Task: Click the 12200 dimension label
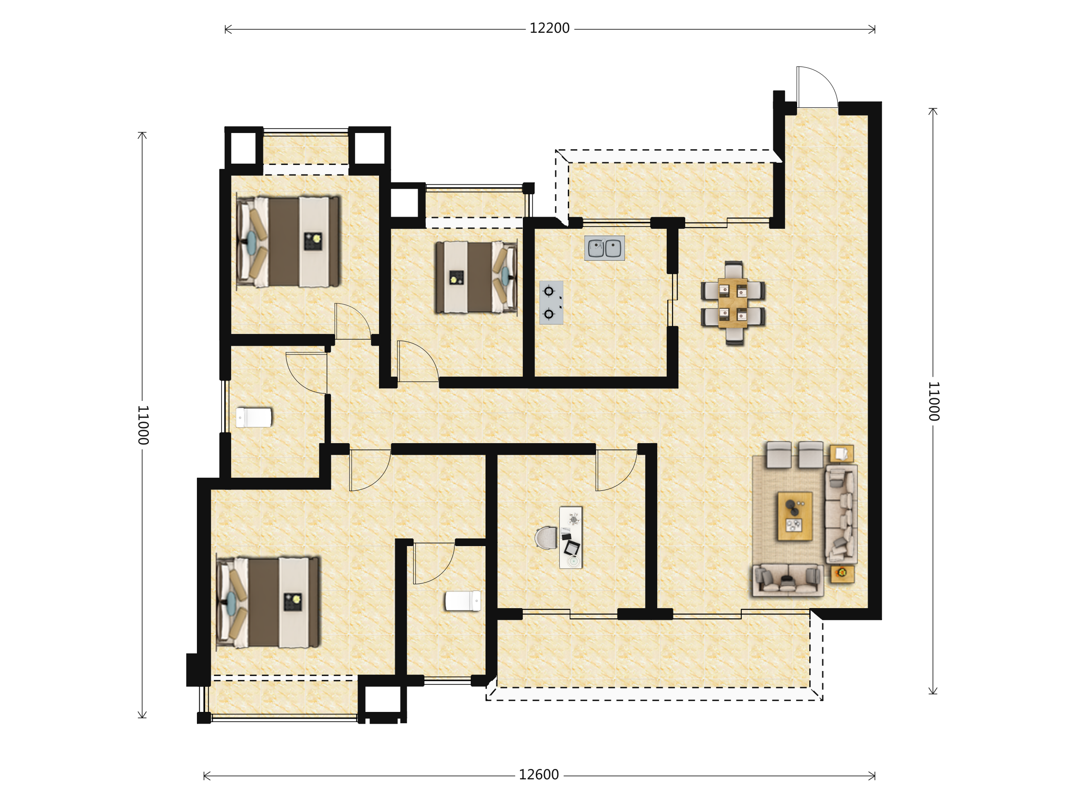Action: click(x=549, y=29)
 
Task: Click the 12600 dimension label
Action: click(x=539, y=775)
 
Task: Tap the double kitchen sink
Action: click(x=604, y=248)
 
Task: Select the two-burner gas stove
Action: click(x=551, y=302)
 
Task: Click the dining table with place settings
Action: click(x=732, y=303)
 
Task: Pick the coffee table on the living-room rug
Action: click(x=794, y=516)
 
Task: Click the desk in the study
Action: click(x=571, y=538)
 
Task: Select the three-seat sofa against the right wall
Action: click(x=841, y=515)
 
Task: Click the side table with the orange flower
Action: click(x=843, y=574)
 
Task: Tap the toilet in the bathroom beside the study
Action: click(x=463, y=601)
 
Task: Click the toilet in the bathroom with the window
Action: click(x=254, y=418)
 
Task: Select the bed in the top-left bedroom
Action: click(x=288, y=241)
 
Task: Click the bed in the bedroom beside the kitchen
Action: click(x=476, y=277)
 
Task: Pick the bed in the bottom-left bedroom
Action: click(x=268, y=602)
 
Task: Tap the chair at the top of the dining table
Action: click(x=733, y=270)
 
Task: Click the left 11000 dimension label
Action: click(x=143, y=425)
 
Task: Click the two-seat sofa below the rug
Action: click(x=788, y=580)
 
